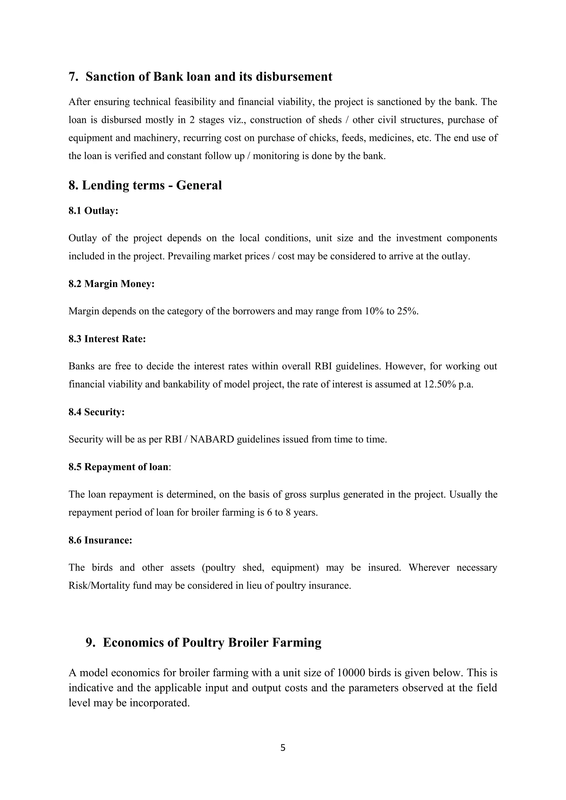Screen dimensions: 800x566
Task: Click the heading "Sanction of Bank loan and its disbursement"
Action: click(209, 77)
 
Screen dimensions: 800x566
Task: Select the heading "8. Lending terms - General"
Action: click(145, 185)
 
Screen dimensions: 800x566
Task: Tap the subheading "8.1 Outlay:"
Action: click(93, 211)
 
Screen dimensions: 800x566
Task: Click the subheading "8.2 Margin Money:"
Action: click(112, 284)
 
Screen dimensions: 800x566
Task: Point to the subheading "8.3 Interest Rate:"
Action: click(107, 339)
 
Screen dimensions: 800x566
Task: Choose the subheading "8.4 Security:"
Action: click(96, 412)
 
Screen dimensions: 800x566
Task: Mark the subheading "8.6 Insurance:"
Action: click(100, 540)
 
